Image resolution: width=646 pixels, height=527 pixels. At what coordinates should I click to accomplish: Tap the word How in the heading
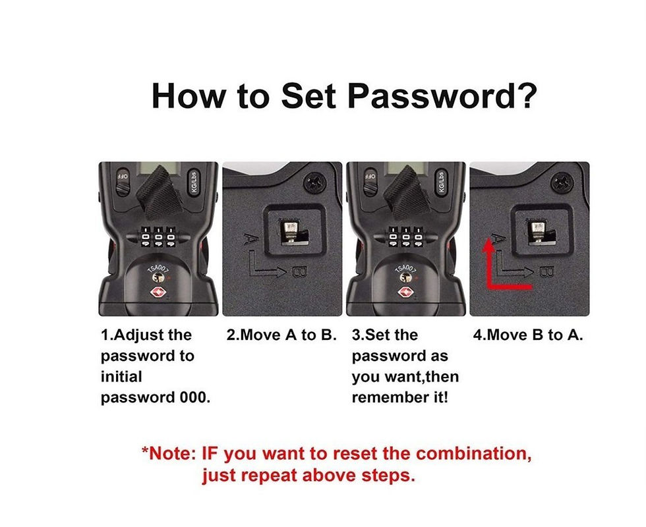click(x=189, y=96)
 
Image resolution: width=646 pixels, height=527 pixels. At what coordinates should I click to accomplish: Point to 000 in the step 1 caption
click(x=194, y=398)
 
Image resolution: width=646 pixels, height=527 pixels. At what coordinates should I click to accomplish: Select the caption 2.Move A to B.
click(x=281, y=335)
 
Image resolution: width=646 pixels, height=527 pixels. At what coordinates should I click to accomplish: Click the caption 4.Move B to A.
click(x=528, y=335)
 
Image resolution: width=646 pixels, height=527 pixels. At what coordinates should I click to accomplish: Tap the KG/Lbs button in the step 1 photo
click(x=192, y=182)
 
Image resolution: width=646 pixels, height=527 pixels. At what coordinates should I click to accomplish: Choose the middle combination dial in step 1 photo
click(x=158, y=236)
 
